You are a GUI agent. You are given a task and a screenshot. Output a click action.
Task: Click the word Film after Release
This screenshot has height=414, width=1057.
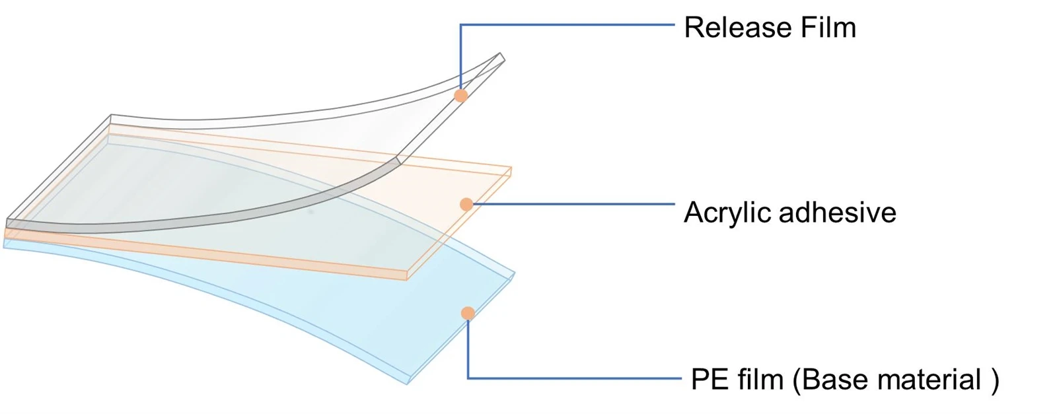pyautogui.click(x=828, y=27)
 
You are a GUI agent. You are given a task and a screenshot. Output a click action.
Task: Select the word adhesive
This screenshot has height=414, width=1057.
pyautogui.click(x=838, y=212)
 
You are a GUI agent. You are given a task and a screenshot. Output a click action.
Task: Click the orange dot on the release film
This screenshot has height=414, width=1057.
pyautogui.click(x=460, y=96)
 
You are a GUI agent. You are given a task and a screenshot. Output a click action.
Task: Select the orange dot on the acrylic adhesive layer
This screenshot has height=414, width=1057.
pyautogui.click(x=466, y=204)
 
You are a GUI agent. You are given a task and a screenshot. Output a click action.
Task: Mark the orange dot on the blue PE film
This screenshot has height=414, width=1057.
pyautogui.click(x=468, y=313)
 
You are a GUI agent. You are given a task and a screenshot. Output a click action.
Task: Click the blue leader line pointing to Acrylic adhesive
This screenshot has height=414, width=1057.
pyautogui.click(x=574, y=204)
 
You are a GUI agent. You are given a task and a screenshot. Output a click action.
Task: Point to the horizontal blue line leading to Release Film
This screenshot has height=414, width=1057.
pyautogui.click(x=567, y=24)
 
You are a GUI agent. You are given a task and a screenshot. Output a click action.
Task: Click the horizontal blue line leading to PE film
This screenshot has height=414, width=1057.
pyautogui.click(x=575, y=378)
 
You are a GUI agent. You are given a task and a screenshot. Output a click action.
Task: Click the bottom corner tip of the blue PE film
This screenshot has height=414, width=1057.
pyautogui.click(x=407, y=384)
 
